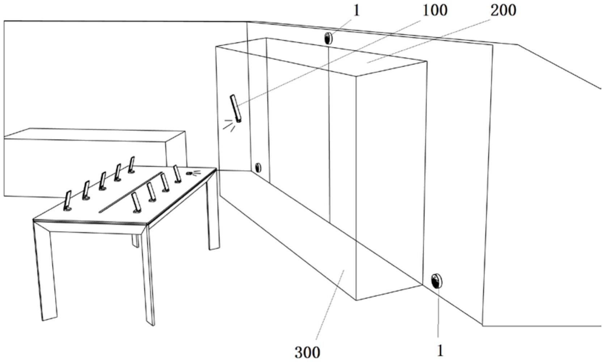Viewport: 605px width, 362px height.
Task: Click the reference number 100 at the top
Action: [x=435, y=10]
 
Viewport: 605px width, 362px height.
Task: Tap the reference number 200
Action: [x=503, y=10]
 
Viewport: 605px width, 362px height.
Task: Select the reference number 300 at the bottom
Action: [x=307, y=352]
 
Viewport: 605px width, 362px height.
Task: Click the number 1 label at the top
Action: [x=356, y=11]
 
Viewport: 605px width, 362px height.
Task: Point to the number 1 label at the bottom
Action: [x=440, y=350]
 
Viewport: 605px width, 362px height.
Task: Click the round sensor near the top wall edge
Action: [x=329, y=38]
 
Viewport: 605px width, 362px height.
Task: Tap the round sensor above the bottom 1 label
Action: [x=437, y=281]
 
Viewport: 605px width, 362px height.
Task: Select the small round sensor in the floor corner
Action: [x=258, y=168]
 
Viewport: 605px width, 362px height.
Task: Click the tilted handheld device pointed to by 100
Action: [x=236, y=108]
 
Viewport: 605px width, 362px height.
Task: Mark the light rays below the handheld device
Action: [x=228, y=125]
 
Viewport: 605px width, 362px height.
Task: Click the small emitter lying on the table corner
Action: [x=189, y=173]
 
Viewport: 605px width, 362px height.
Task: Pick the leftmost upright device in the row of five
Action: [x=68, y=201]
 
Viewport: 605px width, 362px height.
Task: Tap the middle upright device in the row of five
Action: [x=103, y=181]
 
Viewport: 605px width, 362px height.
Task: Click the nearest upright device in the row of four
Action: [x=136, y=202]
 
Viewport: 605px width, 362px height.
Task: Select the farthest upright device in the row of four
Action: [x=177, y=174]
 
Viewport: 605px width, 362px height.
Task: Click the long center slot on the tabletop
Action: [x=130, y=192]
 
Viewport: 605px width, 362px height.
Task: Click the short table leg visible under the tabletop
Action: [x=135, y=240]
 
